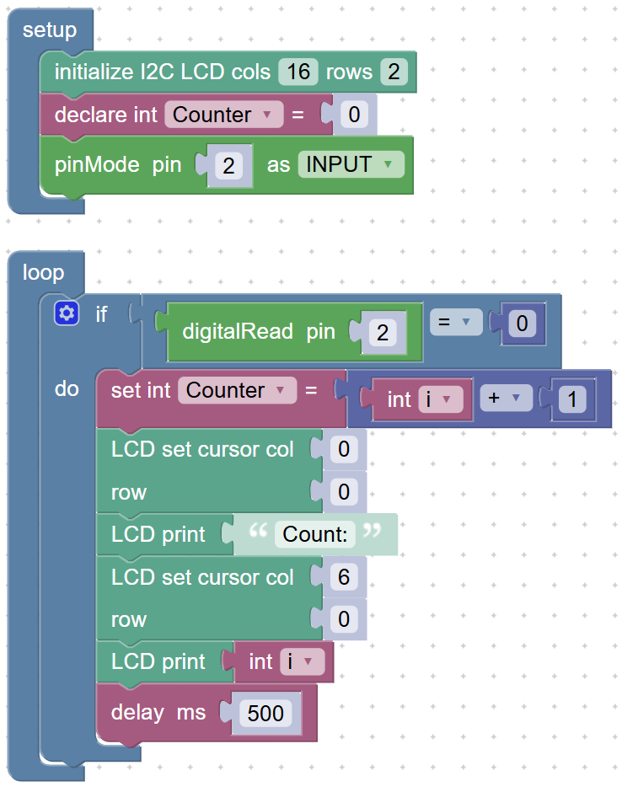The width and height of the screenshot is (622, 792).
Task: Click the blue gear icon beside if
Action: click(67, 313)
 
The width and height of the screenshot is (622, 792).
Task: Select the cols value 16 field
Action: click(298, 72)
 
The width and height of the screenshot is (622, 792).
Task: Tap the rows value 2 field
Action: click(394, 72)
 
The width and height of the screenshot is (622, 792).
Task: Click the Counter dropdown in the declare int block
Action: click(224, 115)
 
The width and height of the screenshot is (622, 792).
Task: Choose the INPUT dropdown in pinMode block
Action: click(351, 164)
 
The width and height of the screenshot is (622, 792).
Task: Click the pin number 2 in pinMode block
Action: click(229, 166)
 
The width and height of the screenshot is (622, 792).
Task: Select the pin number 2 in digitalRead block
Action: click(383, 332)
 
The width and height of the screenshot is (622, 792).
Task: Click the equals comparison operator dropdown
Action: click(456, 322)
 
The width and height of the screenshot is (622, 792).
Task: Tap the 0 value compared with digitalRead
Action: click(522, 324)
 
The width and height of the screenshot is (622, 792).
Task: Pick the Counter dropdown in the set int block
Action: click(237, 390)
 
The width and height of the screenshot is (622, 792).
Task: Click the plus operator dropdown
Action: click(507, 398)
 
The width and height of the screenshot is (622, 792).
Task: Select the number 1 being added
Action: click(572, 399)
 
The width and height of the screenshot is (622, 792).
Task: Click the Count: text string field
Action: click(315, 534)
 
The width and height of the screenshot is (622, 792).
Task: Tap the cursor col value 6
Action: click(344, 577)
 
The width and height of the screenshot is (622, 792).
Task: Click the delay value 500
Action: click(265, 713)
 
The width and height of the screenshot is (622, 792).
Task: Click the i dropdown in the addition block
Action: click(441, 399)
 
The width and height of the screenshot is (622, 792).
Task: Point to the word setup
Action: click(50, 29)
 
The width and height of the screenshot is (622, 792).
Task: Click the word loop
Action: click(44, 272)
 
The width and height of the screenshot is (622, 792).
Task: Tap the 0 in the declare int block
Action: click(354, 115)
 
